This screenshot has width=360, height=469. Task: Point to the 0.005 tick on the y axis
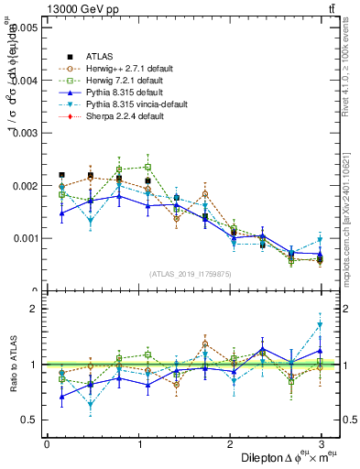point(26,28)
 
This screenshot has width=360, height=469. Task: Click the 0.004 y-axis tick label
point(26,81)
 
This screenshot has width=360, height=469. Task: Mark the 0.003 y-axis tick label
point(26,133)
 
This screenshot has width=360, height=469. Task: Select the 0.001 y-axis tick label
point(26,238)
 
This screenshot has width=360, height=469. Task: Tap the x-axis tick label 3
point(322,444)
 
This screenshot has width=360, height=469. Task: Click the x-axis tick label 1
point(138,444)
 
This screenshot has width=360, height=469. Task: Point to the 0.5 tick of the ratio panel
point(30,420)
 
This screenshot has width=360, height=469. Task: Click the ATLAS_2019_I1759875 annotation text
point(191,273)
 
